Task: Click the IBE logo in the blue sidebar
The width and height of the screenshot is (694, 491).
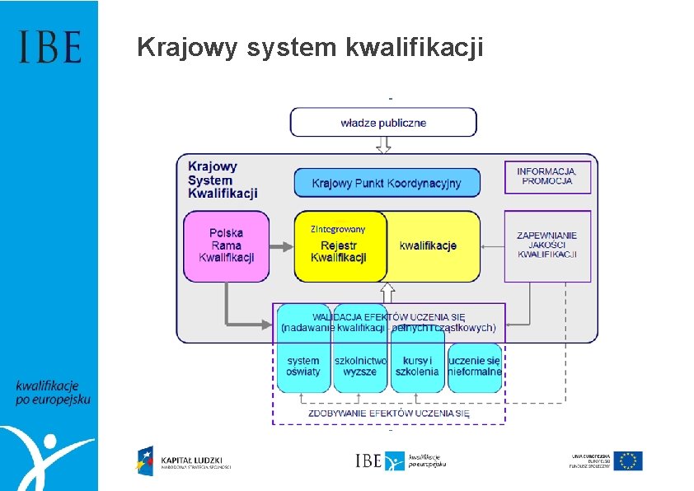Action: click(x=49, y=47)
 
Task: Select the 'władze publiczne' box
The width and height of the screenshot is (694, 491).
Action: click(x=383, y=123)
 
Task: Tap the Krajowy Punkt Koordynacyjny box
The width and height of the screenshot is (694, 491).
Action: click(x=387, y=183)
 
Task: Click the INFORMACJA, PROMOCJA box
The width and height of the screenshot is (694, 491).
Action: click(x=547, y=176)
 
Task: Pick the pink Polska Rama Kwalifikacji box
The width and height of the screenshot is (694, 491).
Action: click(x=226, y=245)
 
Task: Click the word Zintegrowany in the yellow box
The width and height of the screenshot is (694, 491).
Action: click(x=337, y=228)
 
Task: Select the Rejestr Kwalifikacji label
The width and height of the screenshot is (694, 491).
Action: click(x=338, y=251)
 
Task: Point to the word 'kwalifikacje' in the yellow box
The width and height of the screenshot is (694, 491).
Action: click(x=428, y=245)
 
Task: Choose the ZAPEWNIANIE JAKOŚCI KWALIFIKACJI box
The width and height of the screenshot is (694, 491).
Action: click(x=547, y=245)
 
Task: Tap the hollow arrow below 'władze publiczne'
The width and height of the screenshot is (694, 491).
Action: click(x=383, y=145)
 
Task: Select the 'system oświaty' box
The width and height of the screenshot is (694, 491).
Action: click(x=303, y=366)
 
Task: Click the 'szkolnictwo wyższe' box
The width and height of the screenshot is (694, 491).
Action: click(x=360, y=366)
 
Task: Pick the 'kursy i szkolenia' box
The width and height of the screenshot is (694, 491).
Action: click(x=417, y=366)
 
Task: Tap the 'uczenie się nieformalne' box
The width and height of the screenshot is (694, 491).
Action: click(x=475, y=366)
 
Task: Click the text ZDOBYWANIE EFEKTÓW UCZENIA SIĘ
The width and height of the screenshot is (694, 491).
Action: click(x=388, y=413)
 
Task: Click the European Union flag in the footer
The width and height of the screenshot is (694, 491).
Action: click(x=631, y=461)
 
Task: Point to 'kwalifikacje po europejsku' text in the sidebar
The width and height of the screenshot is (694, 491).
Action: click(x=52, y=392)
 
